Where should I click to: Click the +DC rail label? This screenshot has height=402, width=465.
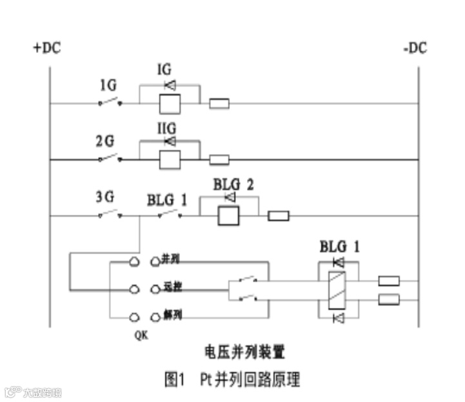coord(47,48)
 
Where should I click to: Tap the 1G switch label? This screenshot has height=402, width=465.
coord(108,85)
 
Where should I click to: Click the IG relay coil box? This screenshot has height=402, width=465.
coord(169,103)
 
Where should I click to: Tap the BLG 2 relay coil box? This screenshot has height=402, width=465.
coord(228,215)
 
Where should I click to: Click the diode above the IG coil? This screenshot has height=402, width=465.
coord(170,85)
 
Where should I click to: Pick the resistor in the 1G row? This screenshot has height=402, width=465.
coord(220,103)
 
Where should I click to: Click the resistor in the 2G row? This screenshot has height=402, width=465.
coord(220,159)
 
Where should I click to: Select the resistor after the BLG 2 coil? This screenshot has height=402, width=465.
coord(279,216)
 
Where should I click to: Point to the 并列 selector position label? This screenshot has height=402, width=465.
coord(170,259)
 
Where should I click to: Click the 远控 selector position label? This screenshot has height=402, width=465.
coord(170,288)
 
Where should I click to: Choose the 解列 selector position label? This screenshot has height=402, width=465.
coord(170,316)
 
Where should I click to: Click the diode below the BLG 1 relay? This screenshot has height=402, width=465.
coord(337,318)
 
